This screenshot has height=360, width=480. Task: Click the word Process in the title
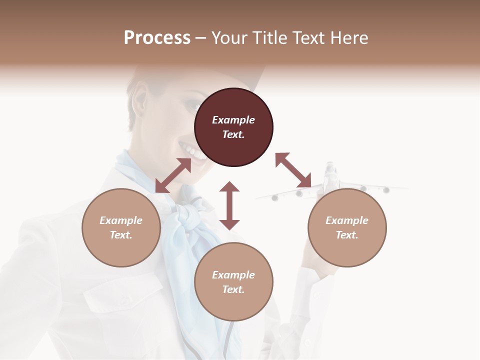point(157,38)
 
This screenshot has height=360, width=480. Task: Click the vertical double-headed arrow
point(229,205)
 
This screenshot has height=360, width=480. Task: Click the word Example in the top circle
point(233,120)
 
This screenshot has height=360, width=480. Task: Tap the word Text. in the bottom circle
point(233,289)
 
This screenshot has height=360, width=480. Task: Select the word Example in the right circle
point(347,220)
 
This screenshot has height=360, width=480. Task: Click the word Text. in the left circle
point(121,235)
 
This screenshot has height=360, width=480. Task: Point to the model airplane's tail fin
point(330,170)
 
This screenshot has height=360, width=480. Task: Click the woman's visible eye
point(192,105)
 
